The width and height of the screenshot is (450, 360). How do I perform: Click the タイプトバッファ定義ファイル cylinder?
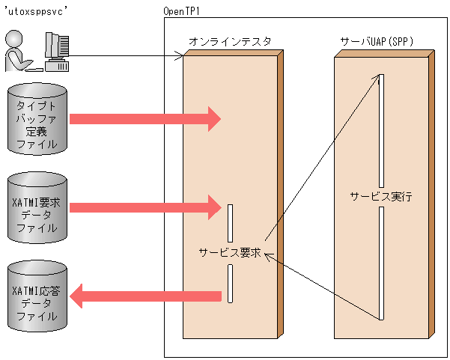click(37, 119)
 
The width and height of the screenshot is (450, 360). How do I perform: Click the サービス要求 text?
click(229, 252)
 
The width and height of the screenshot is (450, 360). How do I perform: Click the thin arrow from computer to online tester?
click(127, 55)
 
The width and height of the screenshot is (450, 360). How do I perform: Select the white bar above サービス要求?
click(231, 222)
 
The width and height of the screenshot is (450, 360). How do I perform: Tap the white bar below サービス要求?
click(231, 284)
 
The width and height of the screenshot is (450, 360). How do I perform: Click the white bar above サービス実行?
click(381, 131)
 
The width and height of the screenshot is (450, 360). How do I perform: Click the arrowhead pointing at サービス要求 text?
click(268, 257)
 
